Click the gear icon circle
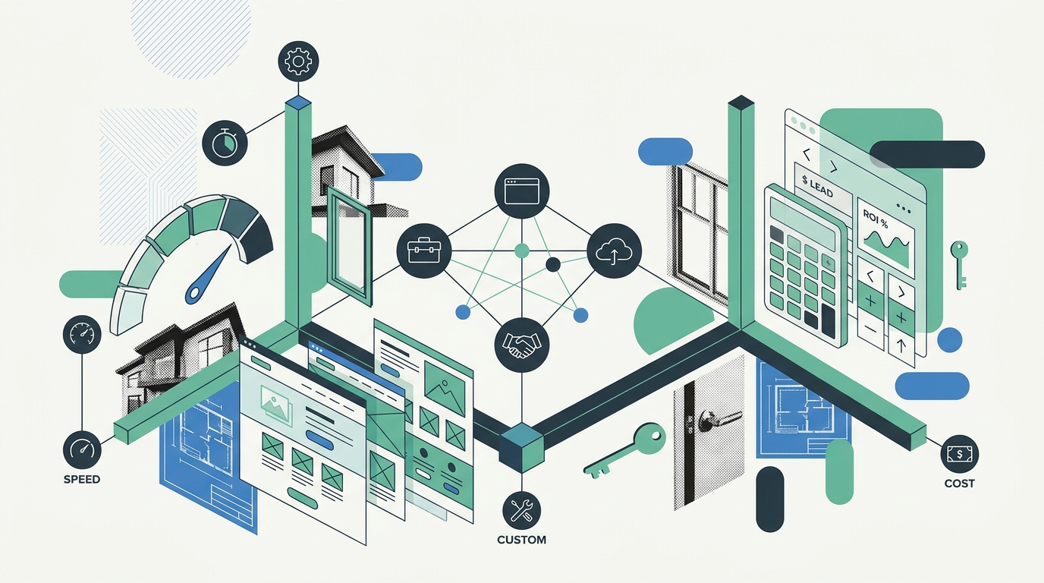[298, 61]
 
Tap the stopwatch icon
[225, 143]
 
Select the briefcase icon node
[423, 251]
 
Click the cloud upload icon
[614, 251]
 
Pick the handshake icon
[521, 345]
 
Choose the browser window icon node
[521, 191]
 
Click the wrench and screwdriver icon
[521, 511]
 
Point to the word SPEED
[82, 480]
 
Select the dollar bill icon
[960, 454]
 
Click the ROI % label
[876, 219]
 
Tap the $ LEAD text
[817, 185]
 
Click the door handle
[718, 421]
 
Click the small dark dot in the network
[553, 264]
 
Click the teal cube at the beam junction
[521, 448]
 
